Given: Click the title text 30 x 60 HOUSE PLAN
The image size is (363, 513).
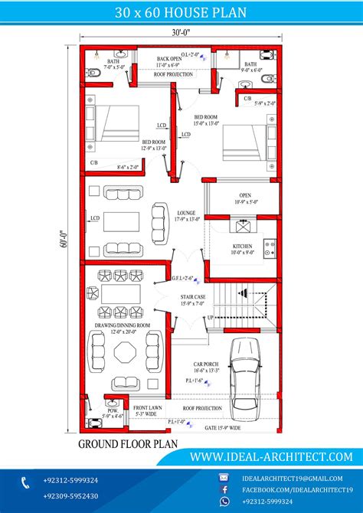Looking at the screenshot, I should (x=181, y=13).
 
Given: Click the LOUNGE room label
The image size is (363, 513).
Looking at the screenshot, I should (x=186, y=213).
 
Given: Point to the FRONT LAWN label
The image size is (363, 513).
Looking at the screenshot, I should (x=146, y=408).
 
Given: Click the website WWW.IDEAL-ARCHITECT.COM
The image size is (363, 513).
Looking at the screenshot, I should (x=271, y=456).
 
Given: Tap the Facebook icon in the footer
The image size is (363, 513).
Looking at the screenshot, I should (x=224, y=488).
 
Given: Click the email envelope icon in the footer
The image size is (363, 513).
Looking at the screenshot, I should (x=224, y=477).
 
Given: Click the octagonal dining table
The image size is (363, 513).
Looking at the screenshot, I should (x=125, y=353).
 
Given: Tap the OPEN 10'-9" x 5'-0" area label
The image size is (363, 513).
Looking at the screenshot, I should (x=244, y=198).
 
